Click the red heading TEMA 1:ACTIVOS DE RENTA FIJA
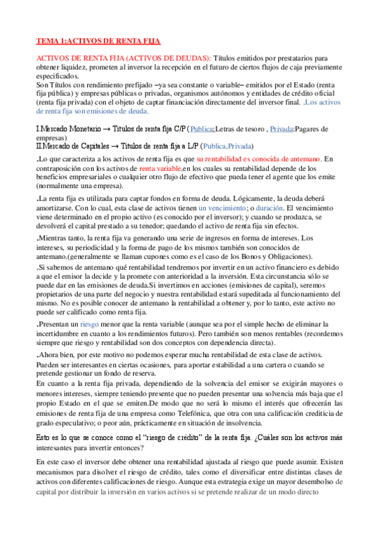[x=98, y=41]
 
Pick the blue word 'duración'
[x=268, y=208]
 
